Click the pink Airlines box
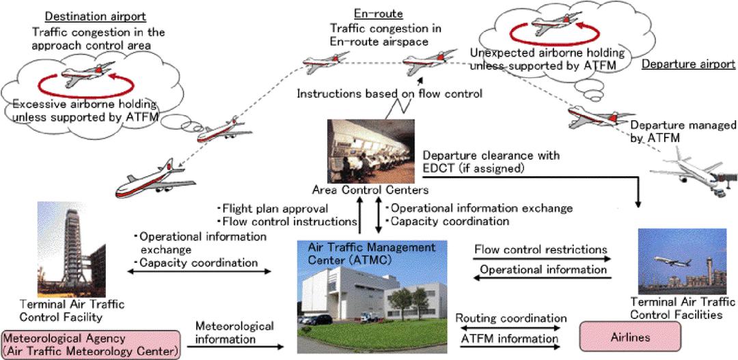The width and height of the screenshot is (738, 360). pyautogui.click(x=630, y=337)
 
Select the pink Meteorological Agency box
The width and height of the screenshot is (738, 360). pyautogui.click(x=91, y=345)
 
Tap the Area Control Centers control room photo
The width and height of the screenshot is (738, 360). pyautogui.click(x=371, y=151)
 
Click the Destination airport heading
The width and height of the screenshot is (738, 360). pyautogui.click(x=95, y=17)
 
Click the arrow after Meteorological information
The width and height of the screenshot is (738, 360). pyautogui.click(x=236, y=347)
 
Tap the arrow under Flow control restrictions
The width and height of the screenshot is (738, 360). pyautogui.click(x=543, y=258)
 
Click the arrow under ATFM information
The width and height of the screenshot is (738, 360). pyautogui.click(x=510, y=347)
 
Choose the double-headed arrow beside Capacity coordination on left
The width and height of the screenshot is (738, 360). pyautogui.click(x=200, y=271)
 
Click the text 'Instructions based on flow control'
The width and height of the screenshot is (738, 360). pyautogui.click(x=389, y=94)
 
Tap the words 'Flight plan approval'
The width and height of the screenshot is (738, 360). pyautogui.click(x=273, y=208)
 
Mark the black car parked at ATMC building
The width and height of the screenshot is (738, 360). pyautogui.click(x=319, y=320)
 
